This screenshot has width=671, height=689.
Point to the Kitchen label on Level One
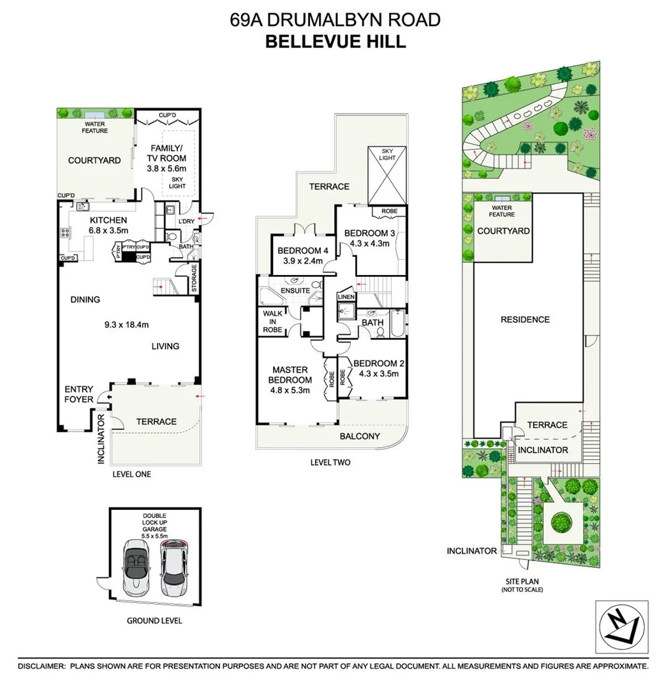pyautogui.click(x=108, y=220)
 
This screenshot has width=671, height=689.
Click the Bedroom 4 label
pyautogui.click(x=299, y=251)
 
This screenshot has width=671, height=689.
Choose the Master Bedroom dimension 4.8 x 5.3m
pyautogui.click(x=290, y=390)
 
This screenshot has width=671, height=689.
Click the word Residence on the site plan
pyautogui.click(x=525, y=319)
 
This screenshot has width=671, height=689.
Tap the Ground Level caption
pyautogui.click(x=154, y=620)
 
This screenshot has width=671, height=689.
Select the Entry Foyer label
pyautogui.click(x=78, y=394)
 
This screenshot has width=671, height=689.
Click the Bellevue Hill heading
pyautogui.click(x=335, y=41)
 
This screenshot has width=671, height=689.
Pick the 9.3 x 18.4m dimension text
pyautogui.click(x=126, y=325)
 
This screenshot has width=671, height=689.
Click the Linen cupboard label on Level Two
pyautogui.click(x=346, y=297)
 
